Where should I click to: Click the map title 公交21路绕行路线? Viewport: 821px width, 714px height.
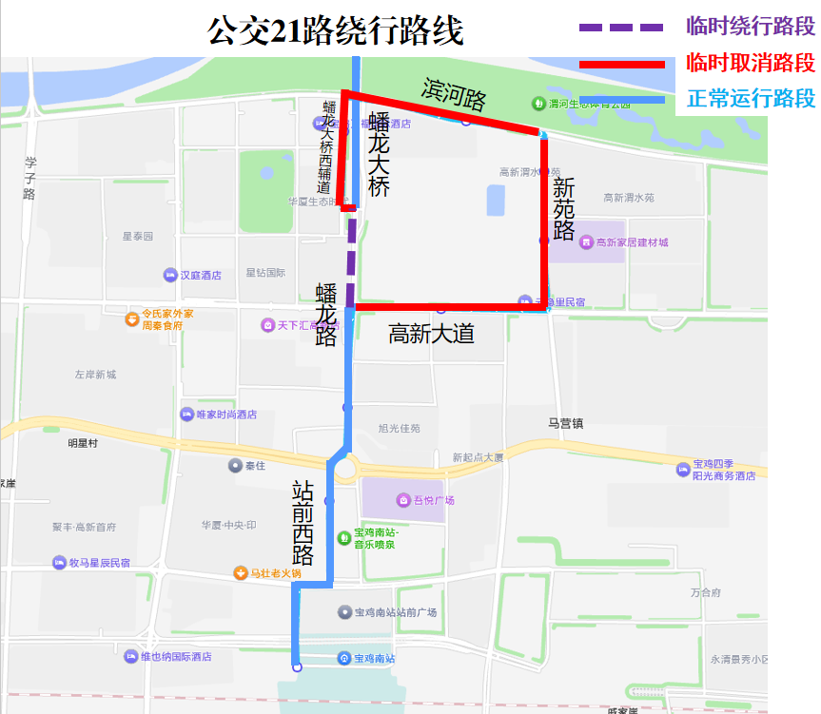335,31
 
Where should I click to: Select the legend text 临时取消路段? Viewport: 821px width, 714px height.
750,63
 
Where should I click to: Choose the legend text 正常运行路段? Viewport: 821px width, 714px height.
750,98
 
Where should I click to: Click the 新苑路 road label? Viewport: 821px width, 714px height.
563,208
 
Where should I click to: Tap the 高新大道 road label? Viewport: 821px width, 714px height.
431,334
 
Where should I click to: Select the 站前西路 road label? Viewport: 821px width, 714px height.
303,523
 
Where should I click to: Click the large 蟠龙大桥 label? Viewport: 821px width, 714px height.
379,154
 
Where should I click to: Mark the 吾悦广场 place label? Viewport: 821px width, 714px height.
433,500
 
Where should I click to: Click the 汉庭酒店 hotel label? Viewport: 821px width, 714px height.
200,276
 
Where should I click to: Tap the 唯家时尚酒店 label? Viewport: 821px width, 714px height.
225,415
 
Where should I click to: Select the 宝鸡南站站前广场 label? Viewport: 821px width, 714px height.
395,612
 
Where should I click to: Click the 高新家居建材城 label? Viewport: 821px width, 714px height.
632,242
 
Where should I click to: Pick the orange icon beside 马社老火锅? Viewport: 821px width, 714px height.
241,573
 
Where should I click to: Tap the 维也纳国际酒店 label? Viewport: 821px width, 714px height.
175,656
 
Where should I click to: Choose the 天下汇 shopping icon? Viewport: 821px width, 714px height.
268,325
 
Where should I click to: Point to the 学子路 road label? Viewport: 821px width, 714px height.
29,179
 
